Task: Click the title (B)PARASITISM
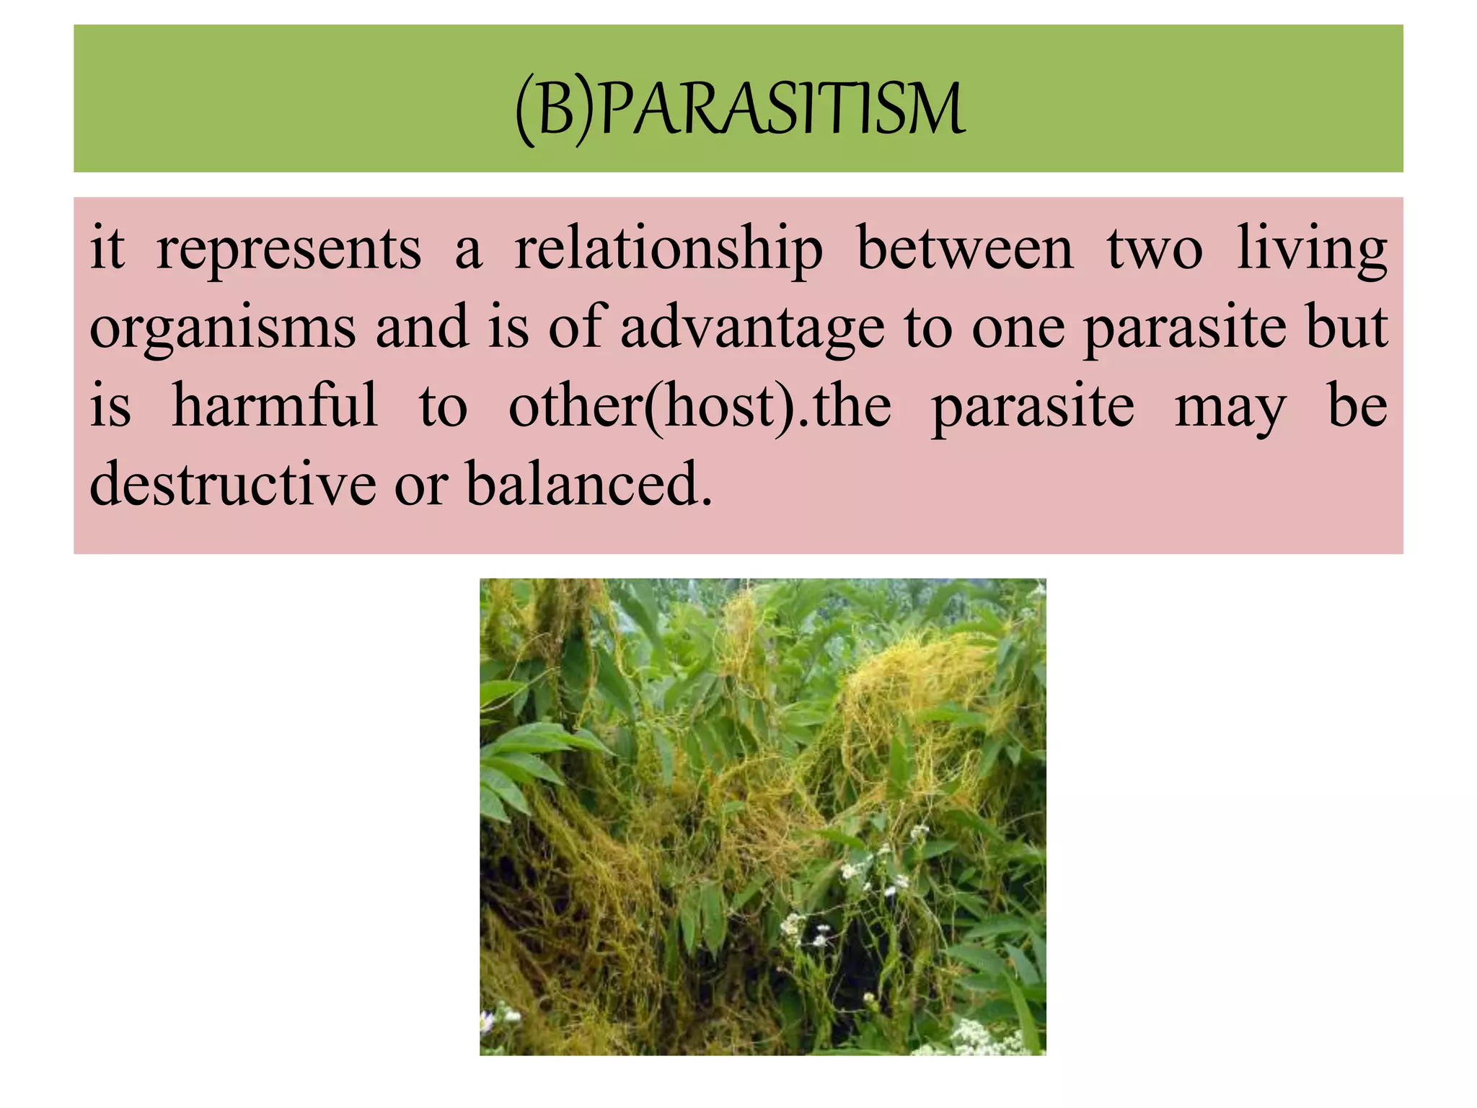pyautogui.click(x=740, y=110)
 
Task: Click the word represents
pyautogui.click(x=288, y=249)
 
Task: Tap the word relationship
pyautogui.click(x=668, y=249)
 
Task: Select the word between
pyautogui.click(x=964, y=249)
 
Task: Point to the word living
pyautogui.click(x=1312, y=249)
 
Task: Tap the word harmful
pyautogui.click(x=274, y=406)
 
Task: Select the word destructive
pyautogui.click(x=232, y=484)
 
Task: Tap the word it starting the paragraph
pyautogui.click(x=107, y=249)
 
